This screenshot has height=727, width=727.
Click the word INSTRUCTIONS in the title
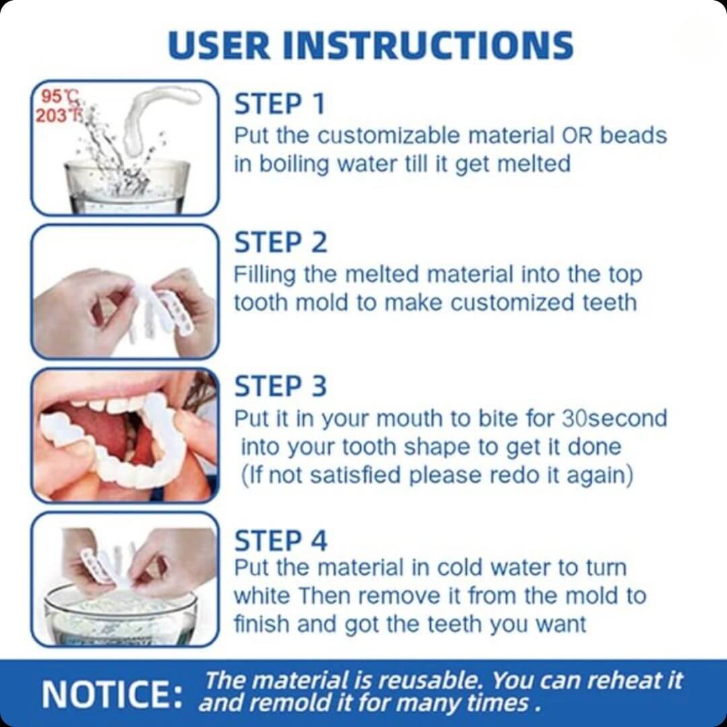coord(428,46)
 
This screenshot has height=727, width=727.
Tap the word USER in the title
coord(219,46)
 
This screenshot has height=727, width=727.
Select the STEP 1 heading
coord(279,104)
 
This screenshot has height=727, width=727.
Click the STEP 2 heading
coord(281,242)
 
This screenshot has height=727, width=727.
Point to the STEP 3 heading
coord(281,386)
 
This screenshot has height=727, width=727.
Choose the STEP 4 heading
coord(281,541)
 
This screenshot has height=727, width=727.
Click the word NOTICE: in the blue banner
coord(112,693)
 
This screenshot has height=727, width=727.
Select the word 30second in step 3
coord(615,418)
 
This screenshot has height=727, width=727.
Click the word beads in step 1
coord(633,135)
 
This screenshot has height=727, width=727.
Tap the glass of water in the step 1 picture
coord(127,186)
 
